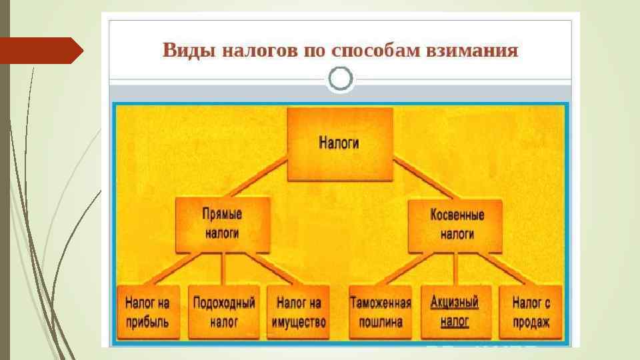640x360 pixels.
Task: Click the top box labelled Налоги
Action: (339, 144)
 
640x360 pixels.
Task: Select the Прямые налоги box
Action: (222, 225)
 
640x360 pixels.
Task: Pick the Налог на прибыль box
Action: (147, 312)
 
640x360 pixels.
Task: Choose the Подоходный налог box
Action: (224, 312)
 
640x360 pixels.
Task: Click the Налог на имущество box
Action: (299, 312)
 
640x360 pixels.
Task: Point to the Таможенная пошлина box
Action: (380, 312)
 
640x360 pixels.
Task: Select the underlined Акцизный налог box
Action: (455, 312)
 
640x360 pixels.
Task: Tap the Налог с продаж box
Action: (531, 312)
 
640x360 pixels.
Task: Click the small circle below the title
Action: (341, 79)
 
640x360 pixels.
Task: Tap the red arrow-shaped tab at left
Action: (40, 51)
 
